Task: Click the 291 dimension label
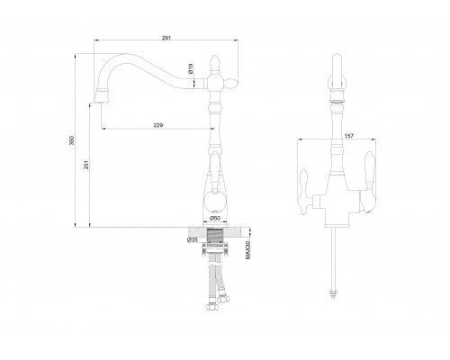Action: [x=166, y=38]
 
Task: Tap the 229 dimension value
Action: [x=158, y=125]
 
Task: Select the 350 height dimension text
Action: [x=71, y=140]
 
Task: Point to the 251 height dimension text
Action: [x=86, y=165]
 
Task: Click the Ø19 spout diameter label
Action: [x=191, y=68]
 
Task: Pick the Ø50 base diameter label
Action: [x=215, y=218]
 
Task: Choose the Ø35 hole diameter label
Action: [x=192, y=239]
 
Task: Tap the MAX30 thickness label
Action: [x=247, y=250]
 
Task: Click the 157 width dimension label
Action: [x=349, y=136]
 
